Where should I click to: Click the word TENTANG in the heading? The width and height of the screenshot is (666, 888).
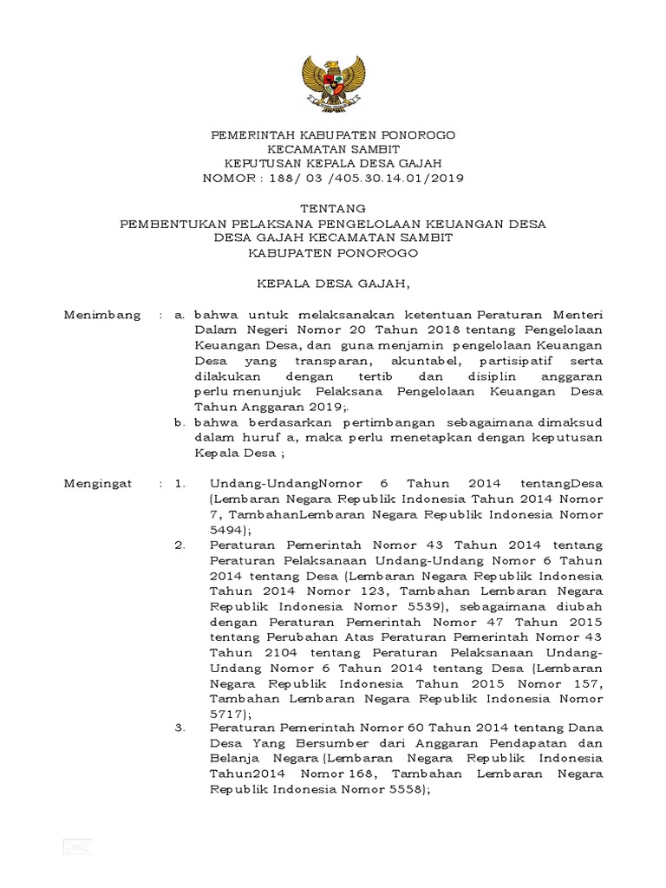click(x=333, y=209)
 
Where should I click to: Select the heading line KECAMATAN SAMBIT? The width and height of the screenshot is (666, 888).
click(x=333, y=149)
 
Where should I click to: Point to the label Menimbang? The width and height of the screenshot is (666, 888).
click(x=102, y=315)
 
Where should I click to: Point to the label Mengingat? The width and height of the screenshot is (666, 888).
click(x=98, y=483)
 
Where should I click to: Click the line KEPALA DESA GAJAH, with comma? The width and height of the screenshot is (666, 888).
click(x=333, y=283)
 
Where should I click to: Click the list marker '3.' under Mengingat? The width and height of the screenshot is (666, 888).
click(x=180, y=728)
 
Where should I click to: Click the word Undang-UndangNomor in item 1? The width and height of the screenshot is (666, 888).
click(x=277, y=483)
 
